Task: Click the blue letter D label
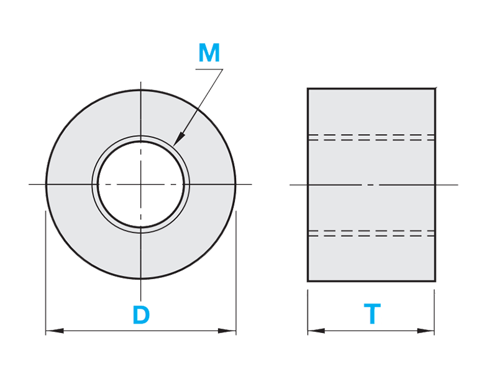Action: [142, 316]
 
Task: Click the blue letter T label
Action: [372, 314]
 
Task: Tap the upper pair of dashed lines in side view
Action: [371, 137]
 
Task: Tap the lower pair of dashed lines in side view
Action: [371, 233]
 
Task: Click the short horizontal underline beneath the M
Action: [209, 69]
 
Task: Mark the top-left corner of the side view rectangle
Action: [308, 88]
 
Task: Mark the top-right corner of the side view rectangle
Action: [435, 88]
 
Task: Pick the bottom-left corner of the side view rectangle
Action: [308, 282]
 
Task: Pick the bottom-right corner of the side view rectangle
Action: [435, 282]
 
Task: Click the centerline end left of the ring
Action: [29, 185]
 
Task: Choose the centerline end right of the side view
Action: [457, 185]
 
